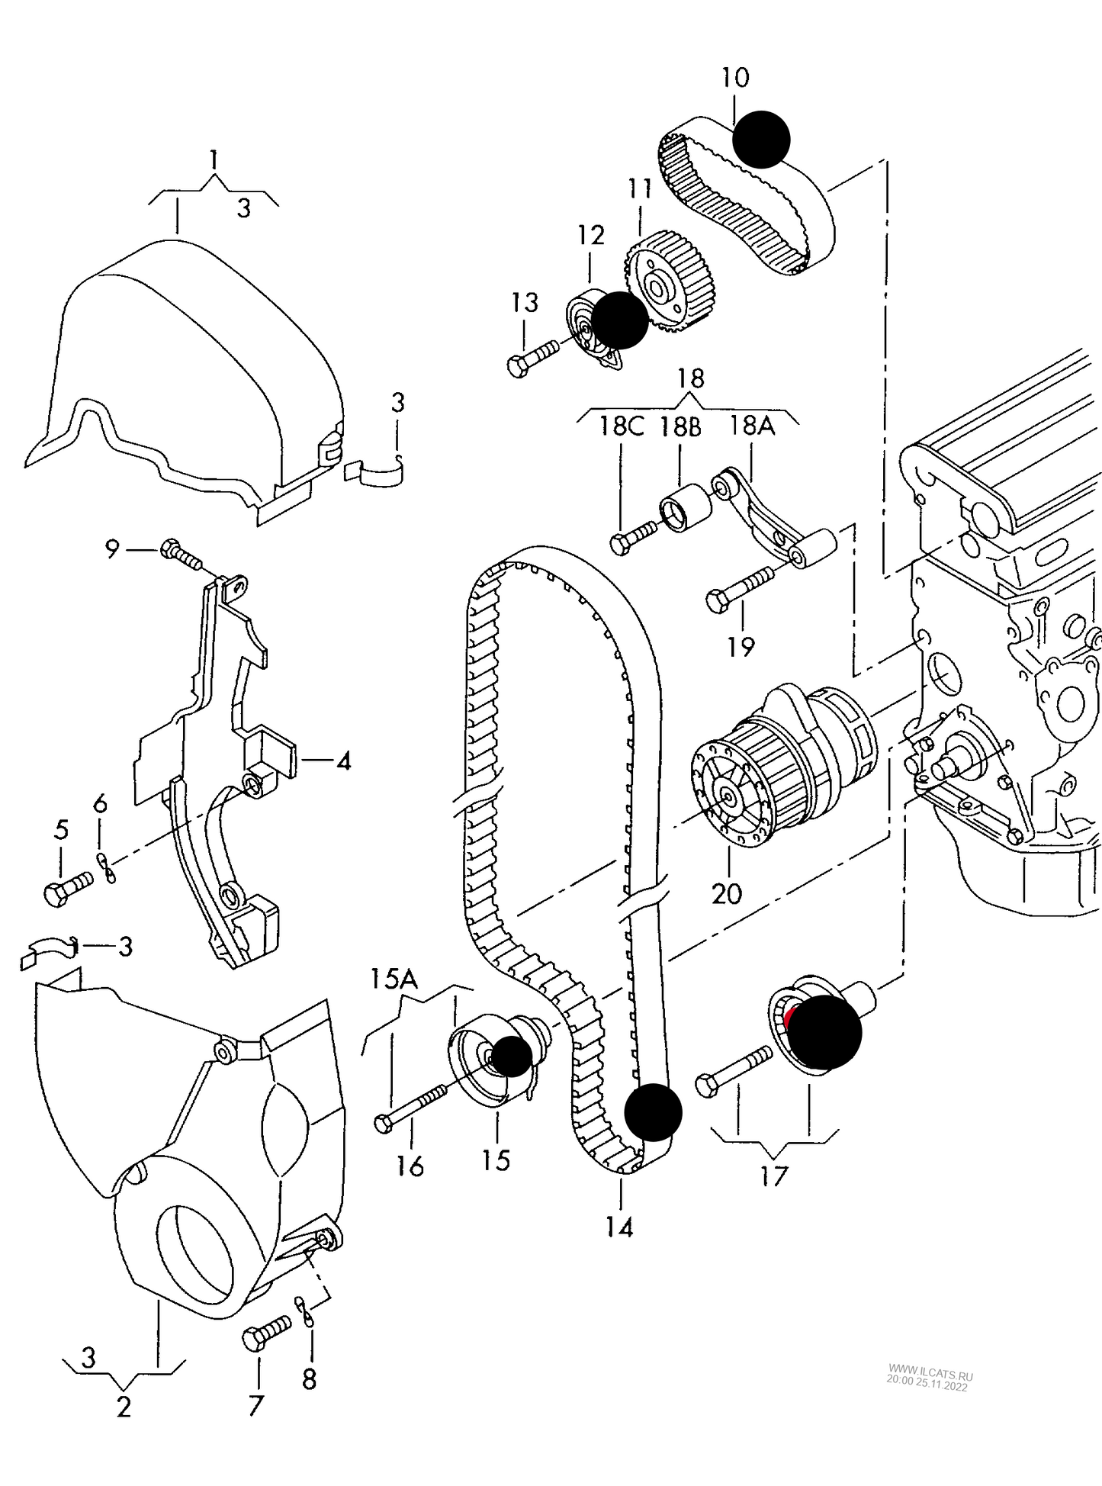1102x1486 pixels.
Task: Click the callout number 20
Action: click(726, 893)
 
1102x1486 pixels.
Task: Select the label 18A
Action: click(752, 426)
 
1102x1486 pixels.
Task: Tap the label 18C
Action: click(621, 426)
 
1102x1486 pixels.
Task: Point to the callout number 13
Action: click(524, 303)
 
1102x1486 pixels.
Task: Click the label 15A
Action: click(395, 979)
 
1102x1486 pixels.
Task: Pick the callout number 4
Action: click(343, 761)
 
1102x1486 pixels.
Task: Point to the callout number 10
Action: click(735, 77)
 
